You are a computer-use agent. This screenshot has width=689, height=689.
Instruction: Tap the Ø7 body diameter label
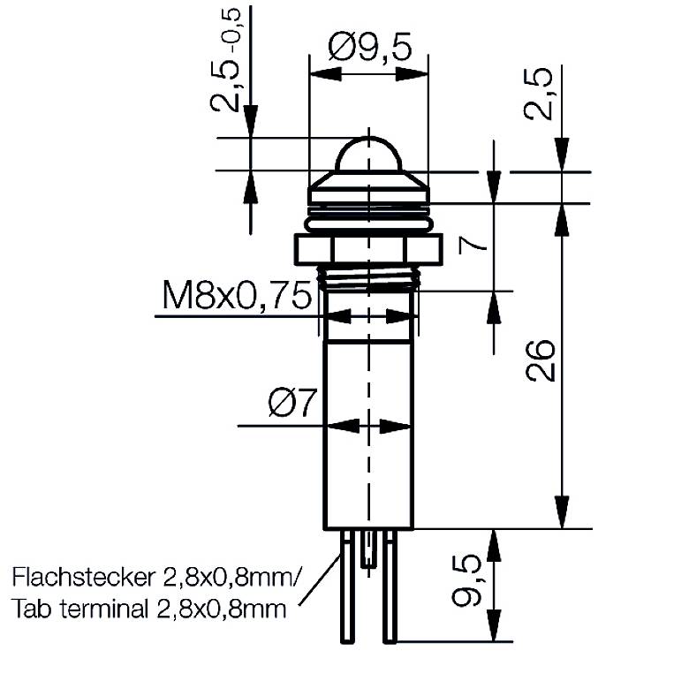[291, 405]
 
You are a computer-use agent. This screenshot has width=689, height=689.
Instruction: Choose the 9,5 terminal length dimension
[466, 581]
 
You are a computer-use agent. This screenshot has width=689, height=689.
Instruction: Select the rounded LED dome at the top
[367, 155]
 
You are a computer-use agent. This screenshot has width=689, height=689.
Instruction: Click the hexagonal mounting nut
[367, 249]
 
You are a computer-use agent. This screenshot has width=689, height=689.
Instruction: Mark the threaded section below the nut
[367, 281]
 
